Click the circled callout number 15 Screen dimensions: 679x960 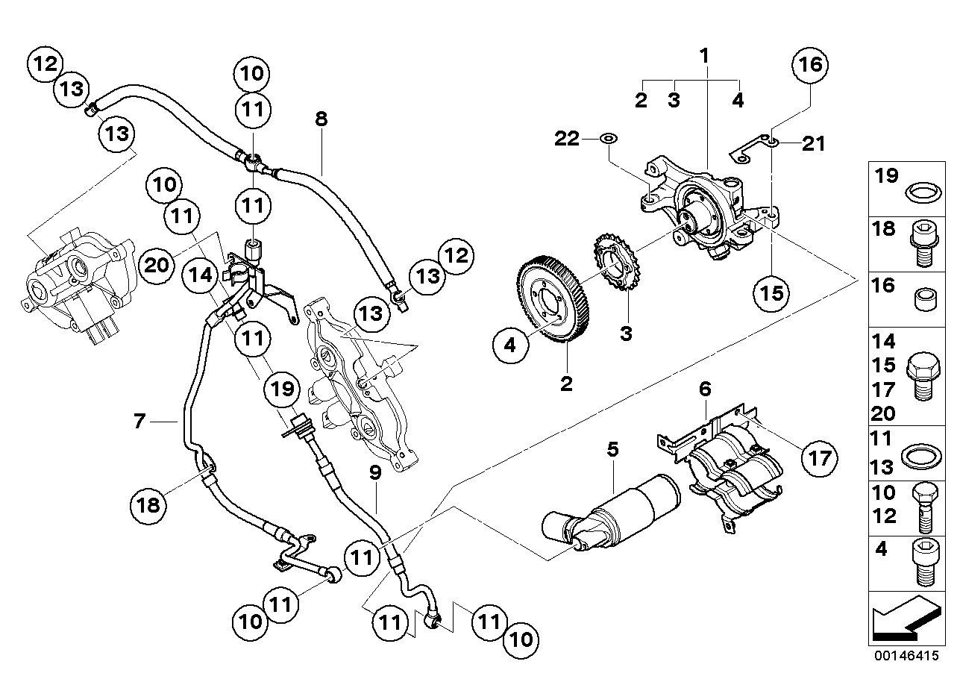[771, 292]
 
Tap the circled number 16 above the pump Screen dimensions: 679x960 [810, 64]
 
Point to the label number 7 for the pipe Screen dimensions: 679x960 [138, 422]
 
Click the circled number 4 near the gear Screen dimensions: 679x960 [509, 345]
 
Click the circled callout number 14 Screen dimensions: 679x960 [202, 275]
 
